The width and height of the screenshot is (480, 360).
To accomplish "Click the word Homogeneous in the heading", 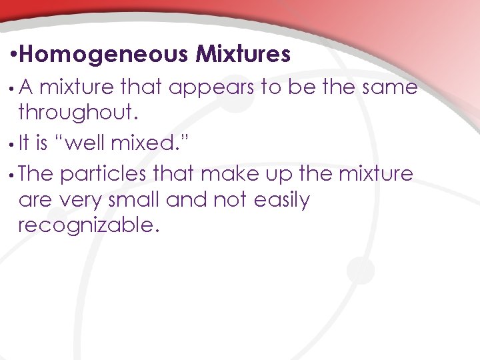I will click(x=109, y=55).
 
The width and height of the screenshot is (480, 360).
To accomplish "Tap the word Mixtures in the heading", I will click(x=243, y=55).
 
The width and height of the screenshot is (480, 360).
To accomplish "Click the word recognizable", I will click(x=89, y=225).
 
